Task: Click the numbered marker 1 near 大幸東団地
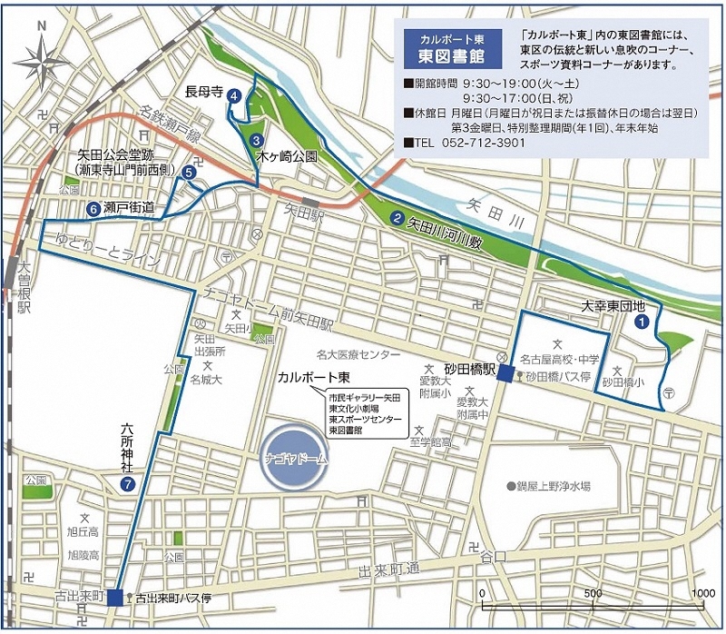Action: [643, 320]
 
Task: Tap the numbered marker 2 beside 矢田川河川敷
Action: [397, 217]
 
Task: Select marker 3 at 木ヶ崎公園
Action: [257, 141]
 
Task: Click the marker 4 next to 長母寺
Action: [234, 94]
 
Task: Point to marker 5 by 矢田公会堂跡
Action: [189, 172]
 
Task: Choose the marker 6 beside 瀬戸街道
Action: [93, 209]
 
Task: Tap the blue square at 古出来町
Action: [114, 597]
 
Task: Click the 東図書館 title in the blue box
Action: [446, 56]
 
